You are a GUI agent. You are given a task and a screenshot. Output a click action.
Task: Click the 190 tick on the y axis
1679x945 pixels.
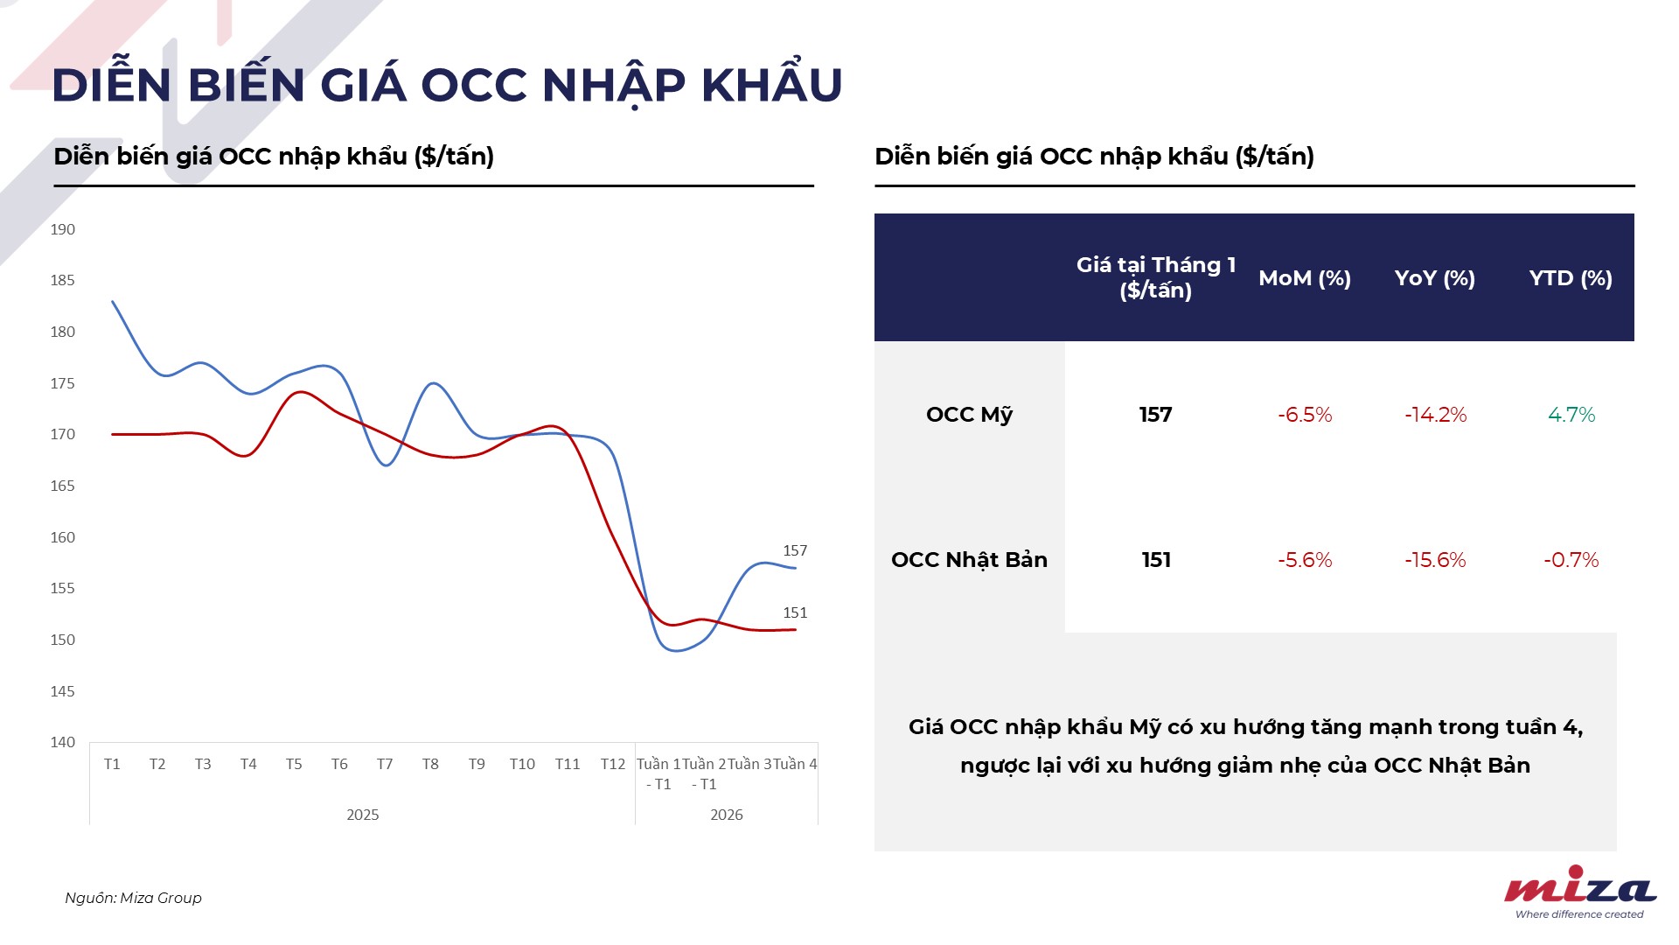coord(62,229)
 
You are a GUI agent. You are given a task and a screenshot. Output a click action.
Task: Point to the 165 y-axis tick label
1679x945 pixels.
coord(62,486)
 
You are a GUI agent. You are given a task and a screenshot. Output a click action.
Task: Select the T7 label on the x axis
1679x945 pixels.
coord(385,764)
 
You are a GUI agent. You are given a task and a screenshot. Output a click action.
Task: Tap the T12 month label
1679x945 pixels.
coord(613,764)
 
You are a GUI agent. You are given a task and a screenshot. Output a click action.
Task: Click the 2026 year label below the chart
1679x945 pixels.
coord(727,815)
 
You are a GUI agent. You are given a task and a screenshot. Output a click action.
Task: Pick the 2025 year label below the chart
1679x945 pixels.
coord(363,815)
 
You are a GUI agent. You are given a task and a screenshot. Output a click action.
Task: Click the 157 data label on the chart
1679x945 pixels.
coord(795,550)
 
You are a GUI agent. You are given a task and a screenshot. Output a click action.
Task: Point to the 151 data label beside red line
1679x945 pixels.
coord(795,612)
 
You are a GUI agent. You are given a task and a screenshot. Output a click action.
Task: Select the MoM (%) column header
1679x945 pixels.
coord(1305,278)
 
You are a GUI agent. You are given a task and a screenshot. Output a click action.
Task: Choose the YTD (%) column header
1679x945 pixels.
coord(1571,278)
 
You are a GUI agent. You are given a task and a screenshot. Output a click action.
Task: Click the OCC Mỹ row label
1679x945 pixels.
coord(969,415)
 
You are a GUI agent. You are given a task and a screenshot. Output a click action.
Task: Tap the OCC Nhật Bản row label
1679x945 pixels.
coord(969,560)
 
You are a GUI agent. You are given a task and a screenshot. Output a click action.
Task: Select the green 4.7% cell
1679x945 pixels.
coord(1571,415)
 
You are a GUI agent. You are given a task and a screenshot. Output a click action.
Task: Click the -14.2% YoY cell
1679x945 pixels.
coord(1436,415)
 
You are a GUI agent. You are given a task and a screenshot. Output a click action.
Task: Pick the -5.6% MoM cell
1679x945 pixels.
coord(1305,560)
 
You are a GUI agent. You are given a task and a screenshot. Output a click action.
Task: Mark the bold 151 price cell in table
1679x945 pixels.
coord(1156,560)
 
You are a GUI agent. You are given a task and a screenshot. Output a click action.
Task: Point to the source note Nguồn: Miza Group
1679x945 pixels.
coord(133,898)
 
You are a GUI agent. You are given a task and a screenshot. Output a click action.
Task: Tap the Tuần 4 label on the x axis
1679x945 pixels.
coord(795,764)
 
